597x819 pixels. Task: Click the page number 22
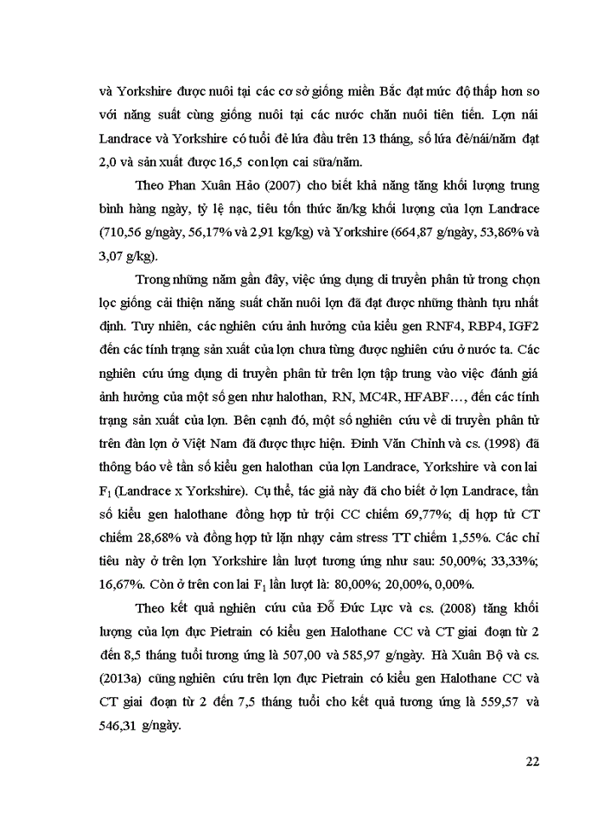click(531, 762)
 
